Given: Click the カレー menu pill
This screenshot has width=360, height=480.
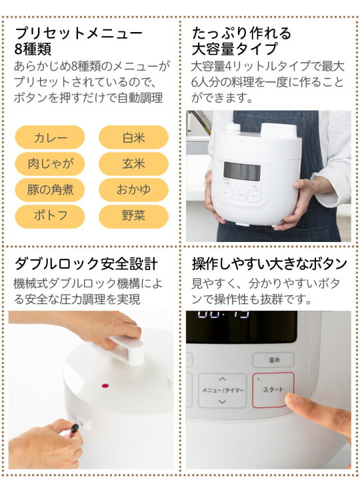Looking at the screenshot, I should click(50, 137).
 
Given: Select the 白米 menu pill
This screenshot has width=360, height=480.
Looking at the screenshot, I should click(133, 137).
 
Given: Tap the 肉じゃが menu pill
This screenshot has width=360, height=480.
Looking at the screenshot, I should click(50, 163).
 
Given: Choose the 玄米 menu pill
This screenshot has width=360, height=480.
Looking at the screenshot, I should click(133, 163).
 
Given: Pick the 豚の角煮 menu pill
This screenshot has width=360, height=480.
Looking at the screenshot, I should click(50, 189).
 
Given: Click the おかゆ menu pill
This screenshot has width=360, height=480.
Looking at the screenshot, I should click(133, 189).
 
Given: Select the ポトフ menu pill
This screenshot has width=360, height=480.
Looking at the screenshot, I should click(50, 215).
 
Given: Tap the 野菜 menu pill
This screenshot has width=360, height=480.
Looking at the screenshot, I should click(133, 215).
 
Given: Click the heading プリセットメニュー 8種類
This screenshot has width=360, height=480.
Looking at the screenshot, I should click(78, 40).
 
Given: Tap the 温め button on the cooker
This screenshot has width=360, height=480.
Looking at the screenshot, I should click(274, 359).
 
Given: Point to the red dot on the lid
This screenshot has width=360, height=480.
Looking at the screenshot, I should click(104, 385).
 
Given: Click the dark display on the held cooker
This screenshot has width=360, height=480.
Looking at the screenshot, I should click(241, 171).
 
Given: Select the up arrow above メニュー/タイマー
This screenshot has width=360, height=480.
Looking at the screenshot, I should click(221, 377).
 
